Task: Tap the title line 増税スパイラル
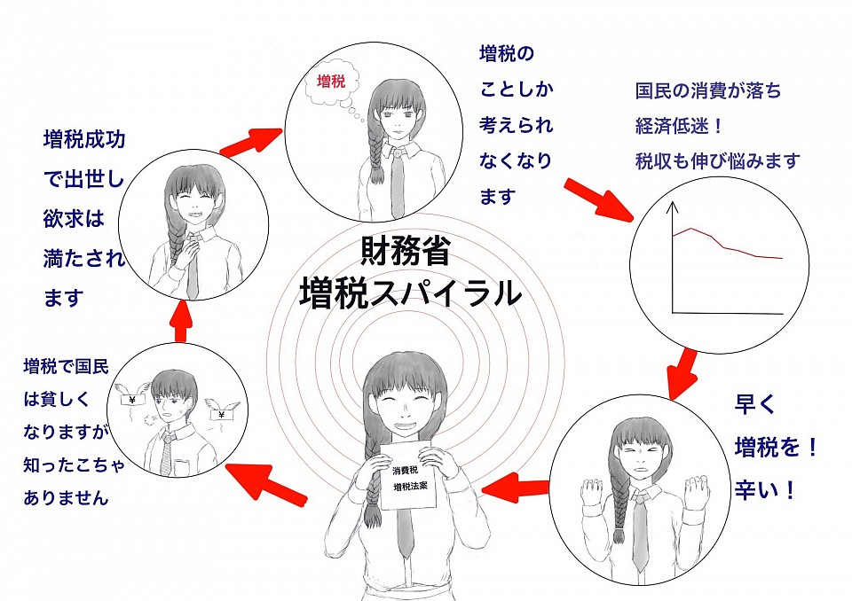tap(410, 293)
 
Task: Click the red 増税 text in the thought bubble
tap(330, 82)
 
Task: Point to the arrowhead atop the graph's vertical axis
tap(673, 207)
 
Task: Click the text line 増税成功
tap(83, 139)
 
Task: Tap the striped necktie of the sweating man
tap(166, 453)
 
